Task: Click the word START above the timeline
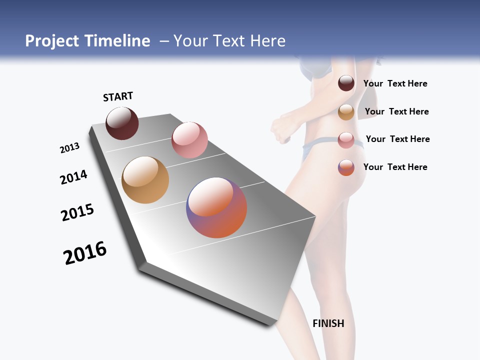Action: (118, 96)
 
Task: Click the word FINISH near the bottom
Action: (328, 323)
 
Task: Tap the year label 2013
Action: (69, 148)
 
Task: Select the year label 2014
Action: (73, 177)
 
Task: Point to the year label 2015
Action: (77, 212)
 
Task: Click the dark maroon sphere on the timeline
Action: (122, 123)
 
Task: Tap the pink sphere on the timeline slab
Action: (189, 139)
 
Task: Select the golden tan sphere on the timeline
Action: (145, 180)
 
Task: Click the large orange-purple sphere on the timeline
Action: (216, 207)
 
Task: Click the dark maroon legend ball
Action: (346, 83)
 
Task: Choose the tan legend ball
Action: (346, 112)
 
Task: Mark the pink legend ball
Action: (346, 140)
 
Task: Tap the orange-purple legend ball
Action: (346, 167)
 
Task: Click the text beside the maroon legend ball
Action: (395, 83)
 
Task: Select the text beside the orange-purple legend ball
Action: (395, 167)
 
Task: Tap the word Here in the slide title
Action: (267, 41)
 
